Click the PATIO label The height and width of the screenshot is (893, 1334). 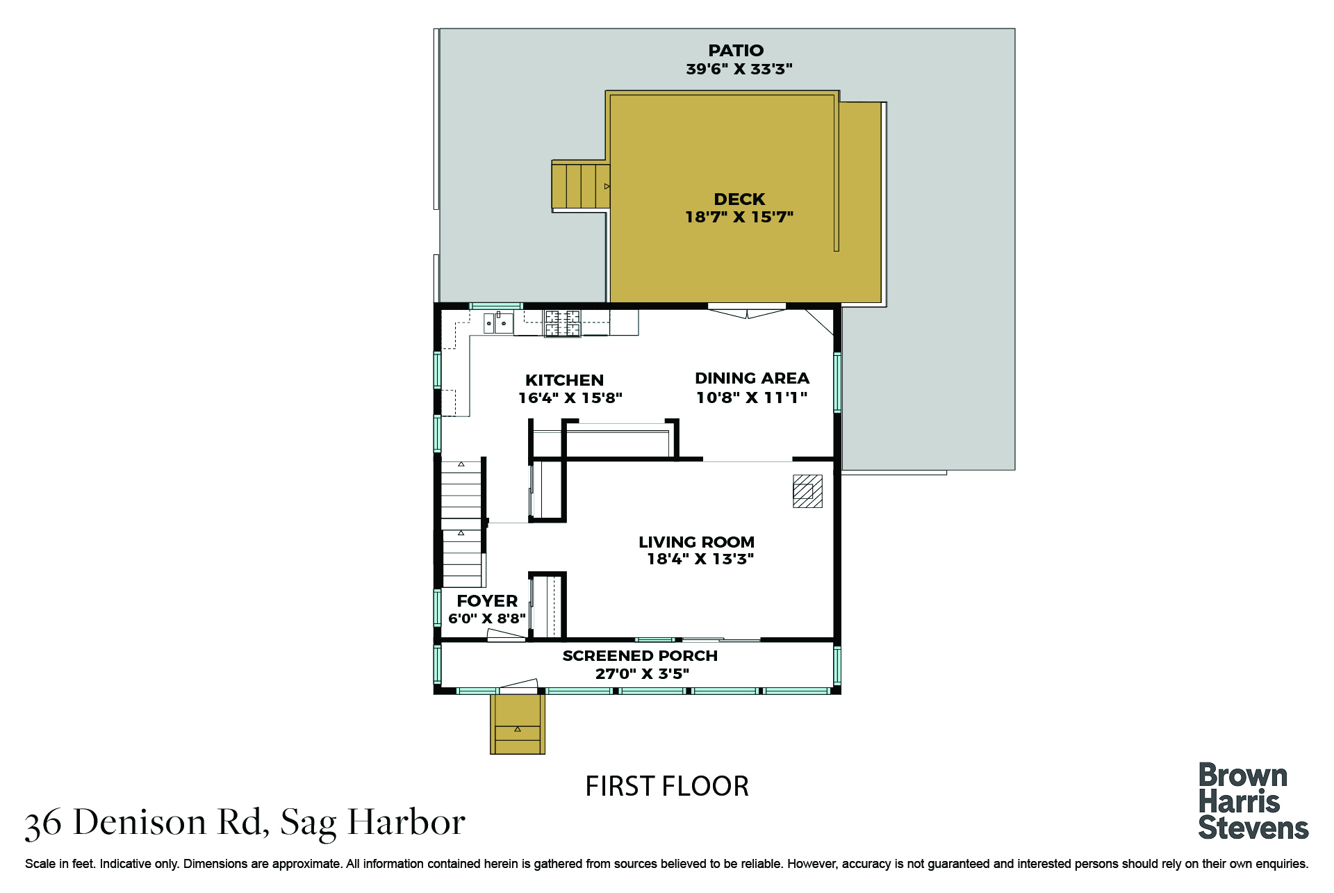[x=736, y=51]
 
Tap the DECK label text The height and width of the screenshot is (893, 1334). [x=739, y=199]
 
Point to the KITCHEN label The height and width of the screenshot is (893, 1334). [x=564, y=380]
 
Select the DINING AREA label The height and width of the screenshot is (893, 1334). [x=752, y=378]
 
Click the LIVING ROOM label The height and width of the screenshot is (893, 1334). [x=696, y=542]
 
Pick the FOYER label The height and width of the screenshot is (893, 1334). [x=487, y=601]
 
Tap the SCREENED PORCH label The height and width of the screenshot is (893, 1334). [x=640, y=656]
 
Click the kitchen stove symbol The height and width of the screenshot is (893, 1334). [x=562, y=323]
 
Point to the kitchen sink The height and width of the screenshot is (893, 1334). [x=498, y=323]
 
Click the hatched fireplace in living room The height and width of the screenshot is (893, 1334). [x=807, y=491]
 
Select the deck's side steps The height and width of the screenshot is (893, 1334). [x=581, y=186]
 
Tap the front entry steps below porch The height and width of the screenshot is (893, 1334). [x=518, y=723]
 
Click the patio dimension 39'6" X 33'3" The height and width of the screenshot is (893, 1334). [x=739, y=69]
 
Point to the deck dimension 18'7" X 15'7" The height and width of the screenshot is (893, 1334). [x=739, y=217]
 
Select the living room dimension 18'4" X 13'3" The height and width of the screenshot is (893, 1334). [x=700, y=559]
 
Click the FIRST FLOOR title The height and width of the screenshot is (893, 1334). [x=667, y=787]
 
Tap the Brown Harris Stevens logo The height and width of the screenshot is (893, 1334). [x=1253, y=802]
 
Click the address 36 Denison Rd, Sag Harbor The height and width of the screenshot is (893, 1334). [x=245, y=823]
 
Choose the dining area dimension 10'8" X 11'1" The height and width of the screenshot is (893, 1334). [x=752, y=398]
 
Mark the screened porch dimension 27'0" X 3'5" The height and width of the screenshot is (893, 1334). [x=642, y=673]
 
